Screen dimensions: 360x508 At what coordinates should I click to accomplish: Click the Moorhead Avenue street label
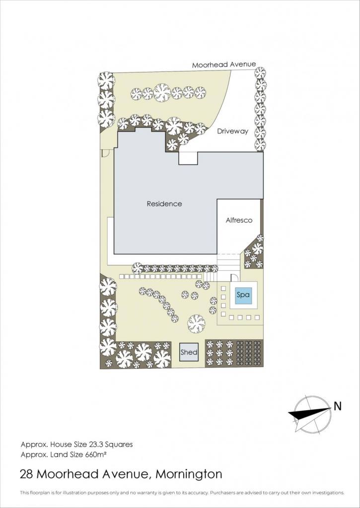(x=224, y=64)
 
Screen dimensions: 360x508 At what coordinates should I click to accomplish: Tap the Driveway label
(x=232, y=131)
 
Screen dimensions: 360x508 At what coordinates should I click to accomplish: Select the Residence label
(x=164, y=204)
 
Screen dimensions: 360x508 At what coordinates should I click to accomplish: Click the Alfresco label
(x=239, y=220)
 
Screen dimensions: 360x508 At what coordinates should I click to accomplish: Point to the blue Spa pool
(x=243, y=295)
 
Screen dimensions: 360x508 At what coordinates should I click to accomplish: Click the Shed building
(x=189, y=352)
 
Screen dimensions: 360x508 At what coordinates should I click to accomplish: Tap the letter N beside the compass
(x=338, y=406)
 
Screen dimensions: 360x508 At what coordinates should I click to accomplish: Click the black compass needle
(x=310, y=413)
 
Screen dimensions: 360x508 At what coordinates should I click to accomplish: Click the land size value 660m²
(x=96, y=454)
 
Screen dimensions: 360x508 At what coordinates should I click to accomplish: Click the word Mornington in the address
(x=189, y=474)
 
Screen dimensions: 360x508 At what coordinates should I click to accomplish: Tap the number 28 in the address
(x=27, y=474)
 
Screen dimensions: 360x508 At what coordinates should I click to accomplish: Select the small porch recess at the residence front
(x=188, y=158)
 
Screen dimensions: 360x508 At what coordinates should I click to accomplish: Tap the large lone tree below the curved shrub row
(x=196, y=323)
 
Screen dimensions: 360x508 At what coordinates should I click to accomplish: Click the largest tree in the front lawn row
(x=162, y=93)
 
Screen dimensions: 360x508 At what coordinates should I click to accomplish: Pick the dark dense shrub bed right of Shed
(x=249, y=353)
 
